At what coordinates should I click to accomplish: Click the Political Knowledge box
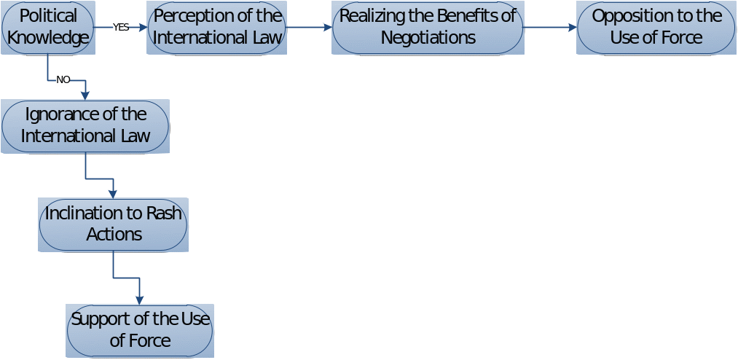(x=48, y=27)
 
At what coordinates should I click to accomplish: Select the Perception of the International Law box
(x=216, y=27)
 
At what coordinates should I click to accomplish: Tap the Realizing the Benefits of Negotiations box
(x=428, y=27)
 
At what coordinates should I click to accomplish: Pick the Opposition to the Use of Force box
(x=656, y=27)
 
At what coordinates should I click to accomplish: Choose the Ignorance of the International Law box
(x=85, y=125)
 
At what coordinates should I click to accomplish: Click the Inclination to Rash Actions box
(x=113, y=224)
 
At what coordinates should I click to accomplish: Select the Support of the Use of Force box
(x=140, y=330)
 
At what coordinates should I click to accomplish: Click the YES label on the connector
(x=121, y=28)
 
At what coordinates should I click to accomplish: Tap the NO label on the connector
(x=63, y=79)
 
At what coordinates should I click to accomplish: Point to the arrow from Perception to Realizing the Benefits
(x=309, y=28)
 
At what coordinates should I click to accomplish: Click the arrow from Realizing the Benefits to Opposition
(x=549, y=28)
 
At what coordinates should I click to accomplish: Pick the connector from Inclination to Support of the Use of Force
(x=125, y=278)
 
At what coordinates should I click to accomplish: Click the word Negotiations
(x=428, y=37)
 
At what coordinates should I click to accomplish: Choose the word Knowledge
(x=48, y=37)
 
